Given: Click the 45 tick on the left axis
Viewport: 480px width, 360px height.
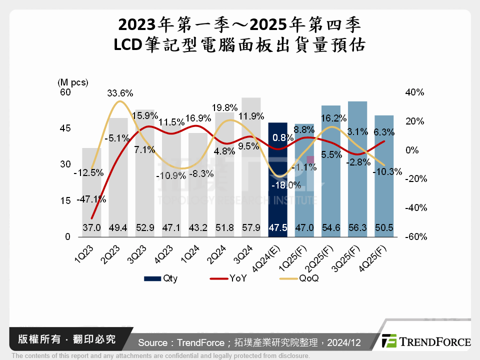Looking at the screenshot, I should (x=66, y=128).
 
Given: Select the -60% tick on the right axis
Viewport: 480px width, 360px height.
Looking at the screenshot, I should (x=414, y=237).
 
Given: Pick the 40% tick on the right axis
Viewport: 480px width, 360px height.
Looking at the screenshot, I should (x=414, y=92).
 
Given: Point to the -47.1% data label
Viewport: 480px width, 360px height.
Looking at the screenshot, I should (x=91, y=199).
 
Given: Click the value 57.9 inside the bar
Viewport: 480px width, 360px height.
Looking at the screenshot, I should (x=251, y=227).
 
